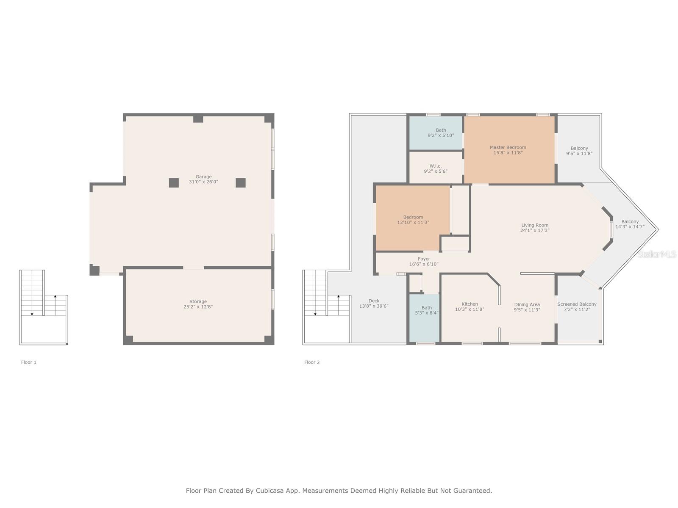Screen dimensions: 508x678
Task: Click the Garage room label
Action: (203, 179)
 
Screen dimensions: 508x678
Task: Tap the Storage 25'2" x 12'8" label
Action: (198, 304)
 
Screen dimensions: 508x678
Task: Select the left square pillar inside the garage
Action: (174, 183)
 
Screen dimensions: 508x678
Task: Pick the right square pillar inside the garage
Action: (241, 183)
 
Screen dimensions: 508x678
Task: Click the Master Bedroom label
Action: (508, 150)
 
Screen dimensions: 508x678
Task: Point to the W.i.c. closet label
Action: (436, 168)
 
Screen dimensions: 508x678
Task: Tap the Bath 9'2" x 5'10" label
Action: (441, 133)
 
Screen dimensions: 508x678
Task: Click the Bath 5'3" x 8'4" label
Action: (427, 310)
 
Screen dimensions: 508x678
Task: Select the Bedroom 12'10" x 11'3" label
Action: (413, 220)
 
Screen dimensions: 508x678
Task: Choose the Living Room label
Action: (535, 228)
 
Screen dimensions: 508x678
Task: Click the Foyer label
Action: (424, 261)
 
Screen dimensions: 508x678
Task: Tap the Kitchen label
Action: (470, 306)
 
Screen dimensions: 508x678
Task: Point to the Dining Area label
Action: (527, 307)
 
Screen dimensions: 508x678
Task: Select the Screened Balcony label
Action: (577, 306)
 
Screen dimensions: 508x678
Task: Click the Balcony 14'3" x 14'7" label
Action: (630, 224)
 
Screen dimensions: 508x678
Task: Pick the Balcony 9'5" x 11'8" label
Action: (579, 151)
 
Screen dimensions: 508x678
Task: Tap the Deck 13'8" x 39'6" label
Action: (374, 304)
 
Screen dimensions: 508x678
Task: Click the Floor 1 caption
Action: (29, 362)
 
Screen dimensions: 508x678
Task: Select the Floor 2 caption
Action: (312, 362)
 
